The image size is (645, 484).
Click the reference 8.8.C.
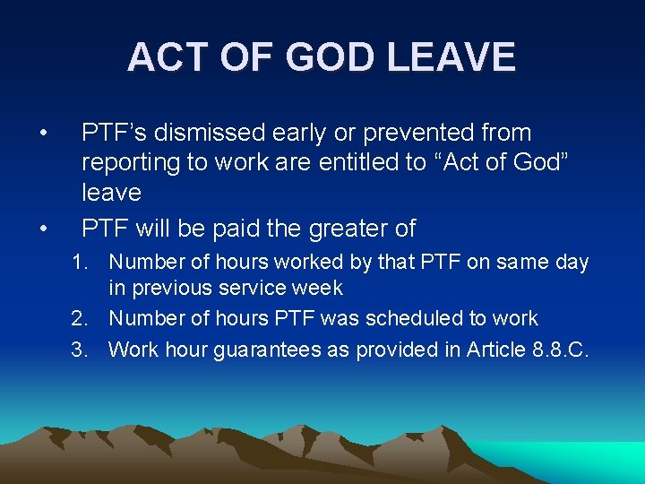(x=563, y=350)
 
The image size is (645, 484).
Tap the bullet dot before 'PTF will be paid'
(x=43, y=229)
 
